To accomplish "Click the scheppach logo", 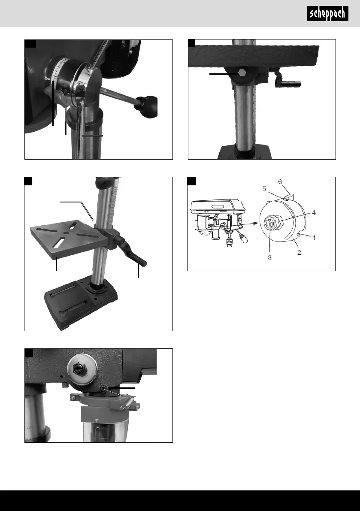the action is pos(329,15).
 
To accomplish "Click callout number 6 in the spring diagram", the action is pos(280,182).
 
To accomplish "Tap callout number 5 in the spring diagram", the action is pos(265,188).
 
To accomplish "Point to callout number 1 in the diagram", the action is pos(315,237).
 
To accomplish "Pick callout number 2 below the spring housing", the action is pos(299,253).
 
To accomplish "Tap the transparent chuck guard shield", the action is pos(103,429).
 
